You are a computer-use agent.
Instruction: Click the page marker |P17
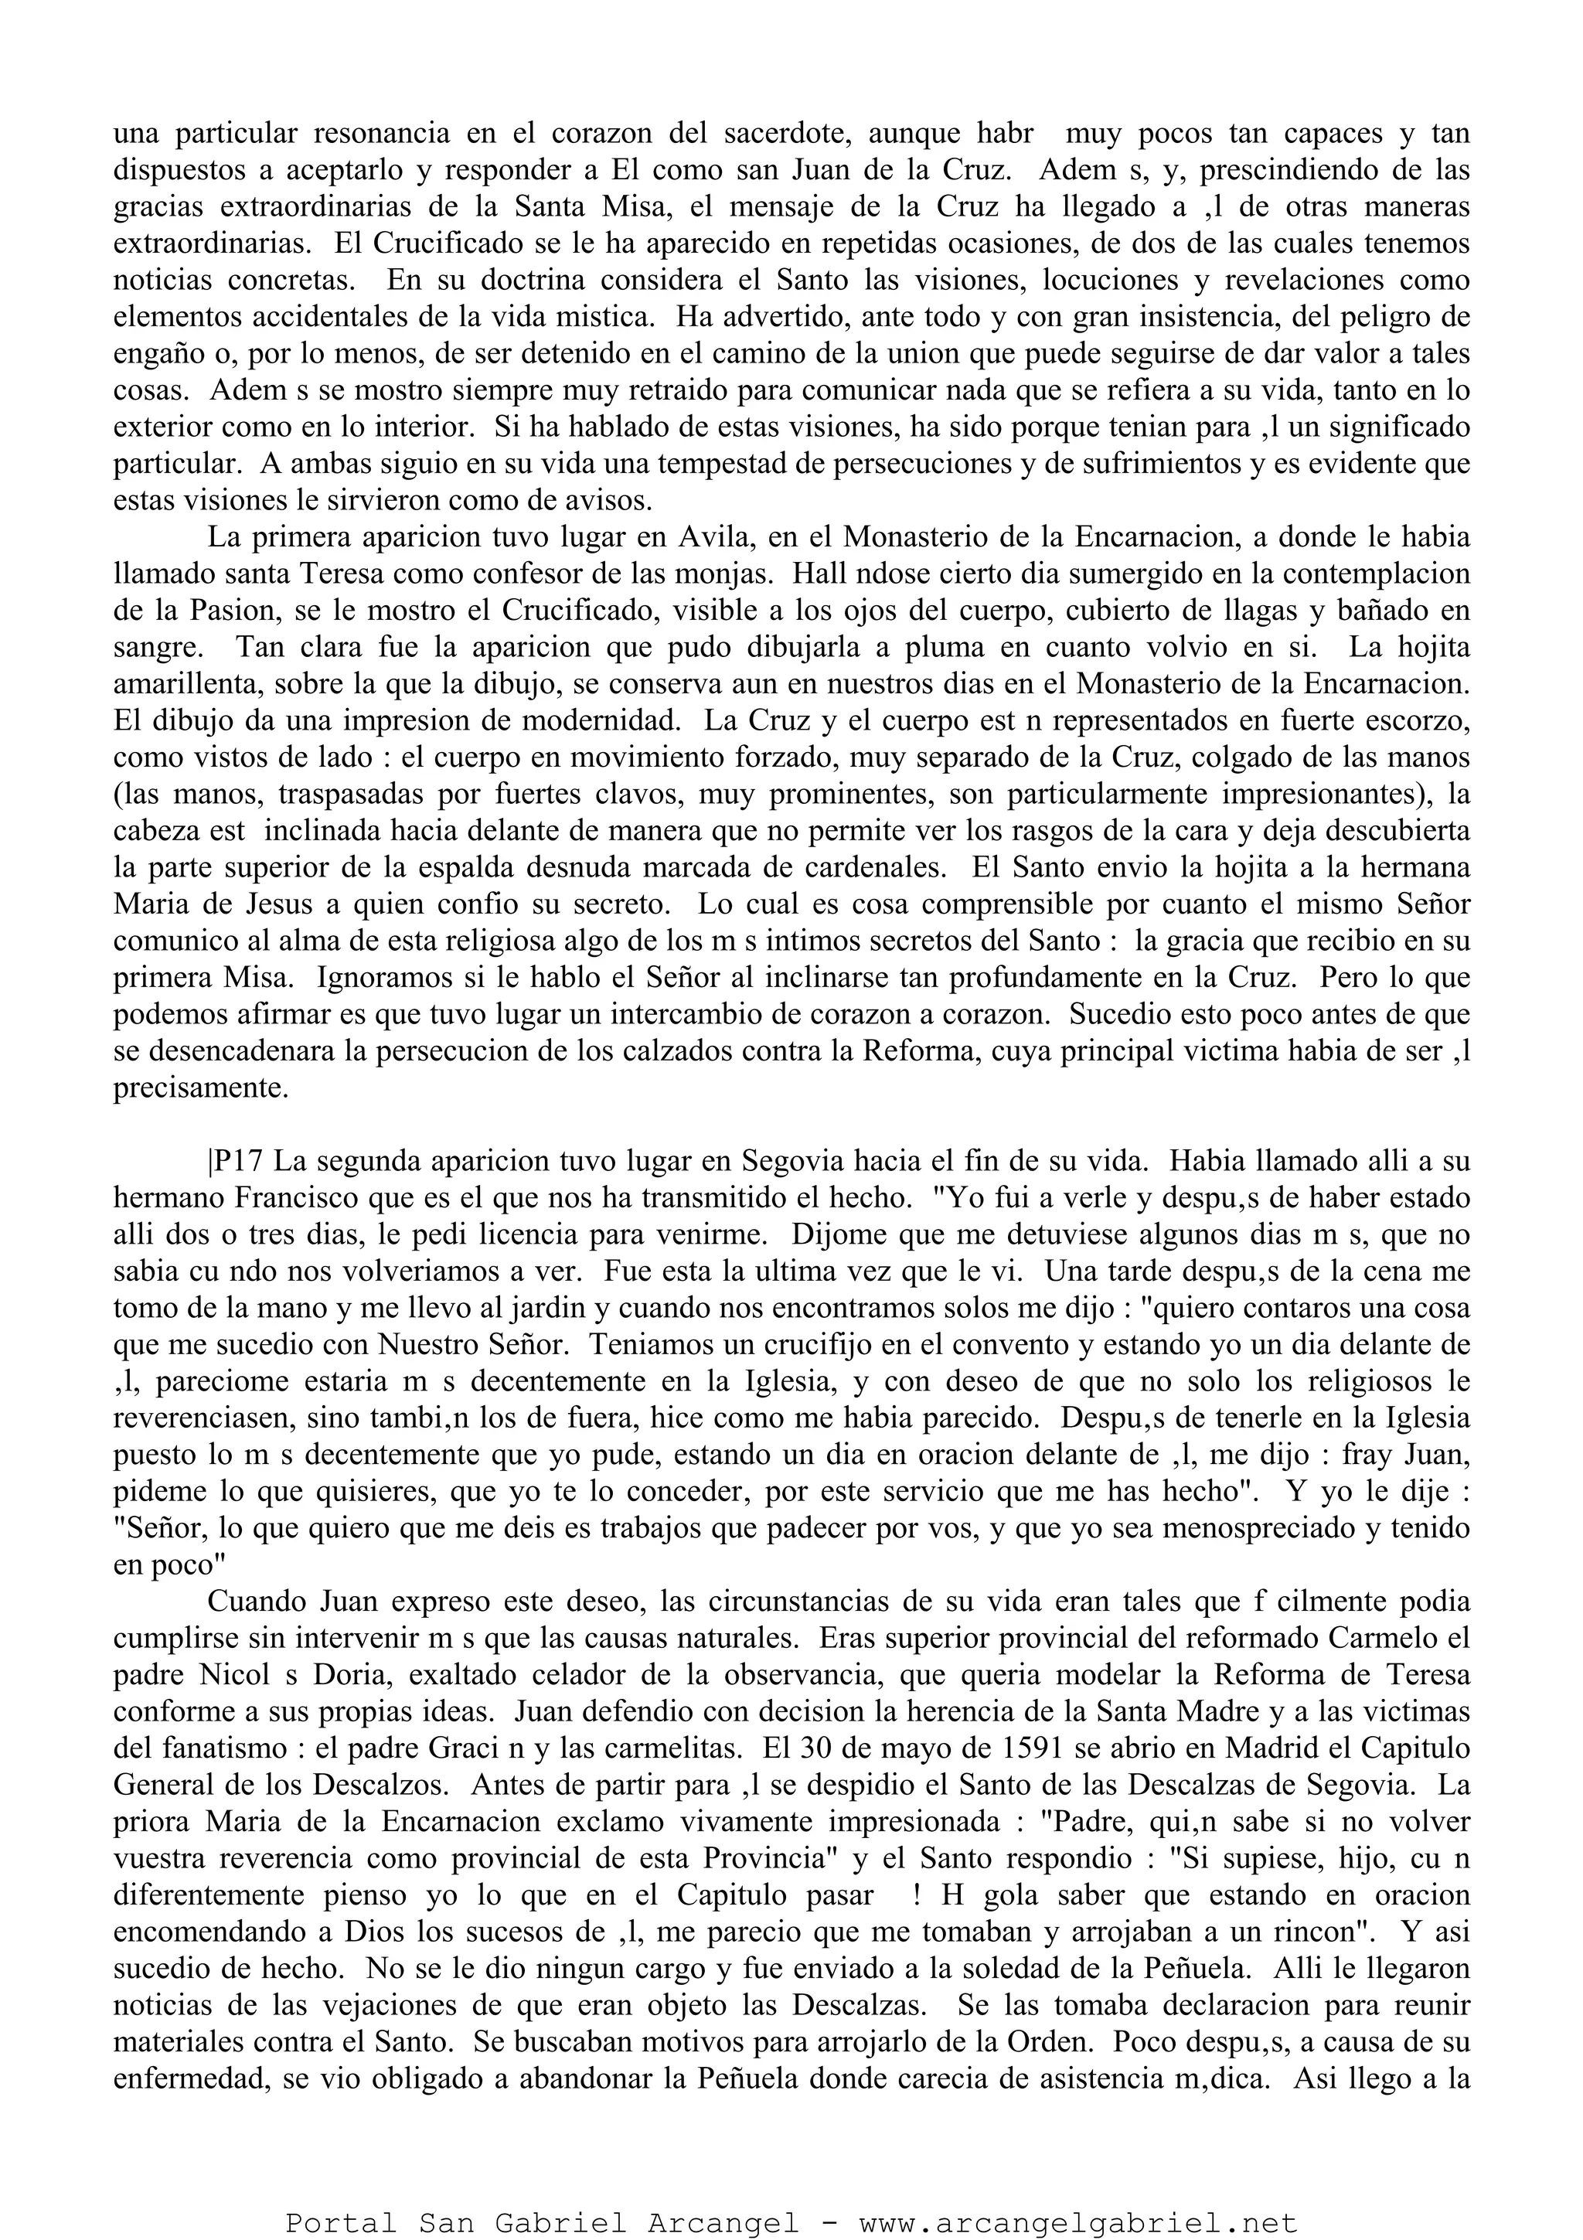coord(235,1162)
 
